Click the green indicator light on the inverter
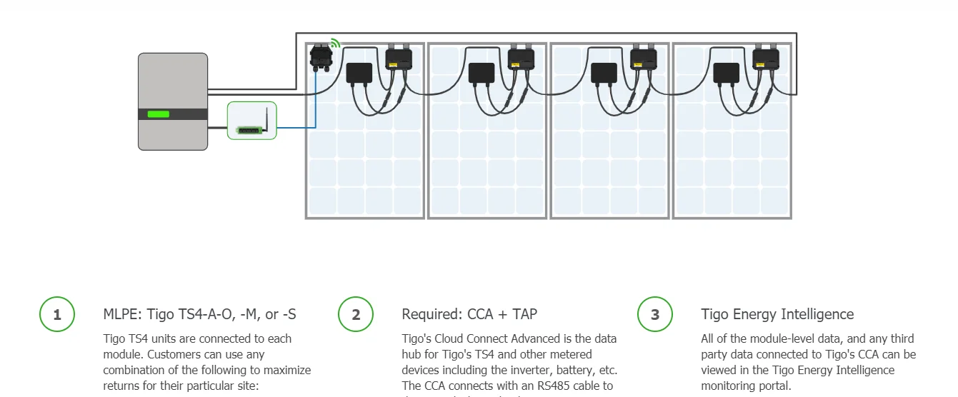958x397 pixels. [158, 114]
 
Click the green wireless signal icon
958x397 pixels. [334, 44]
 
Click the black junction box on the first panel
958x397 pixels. [359, 73]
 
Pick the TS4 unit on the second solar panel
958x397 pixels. [521, 58]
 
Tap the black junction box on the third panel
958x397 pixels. [604, 73]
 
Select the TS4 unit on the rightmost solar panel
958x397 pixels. [766, 58]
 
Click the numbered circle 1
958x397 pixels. [57, 315]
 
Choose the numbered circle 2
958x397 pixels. [356, 315]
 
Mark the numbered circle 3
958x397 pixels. [654, 315]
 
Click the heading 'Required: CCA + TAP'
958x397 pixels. [469, 314]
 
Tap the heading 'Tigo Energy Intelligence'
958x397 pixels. [777, 314]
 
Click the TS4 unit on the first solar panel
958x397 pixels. [399, 58]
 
